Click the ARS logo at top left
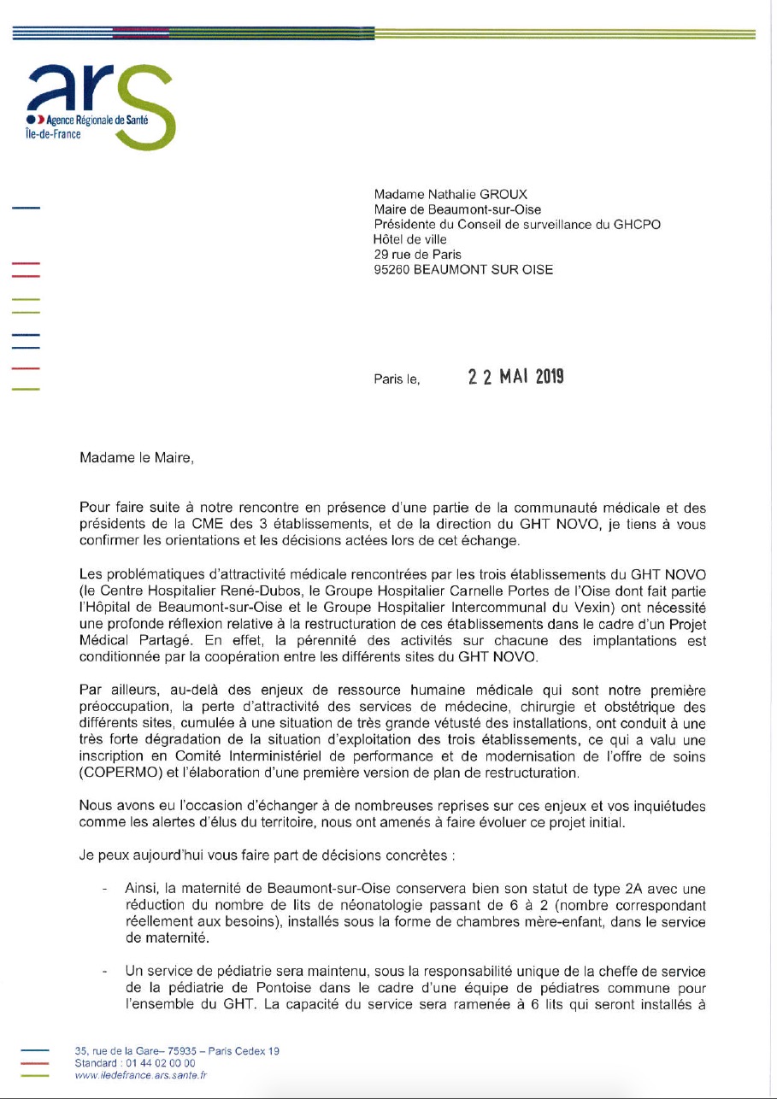click(x=101, y=100)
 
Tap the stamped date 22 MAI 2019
click(x=515, y=377)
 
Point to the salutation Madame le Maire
click(x=137, y=457)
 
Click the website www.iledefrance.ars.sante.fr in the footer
click(x=140, y=1075)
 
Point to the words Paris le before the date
click(x=397, y=379)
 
